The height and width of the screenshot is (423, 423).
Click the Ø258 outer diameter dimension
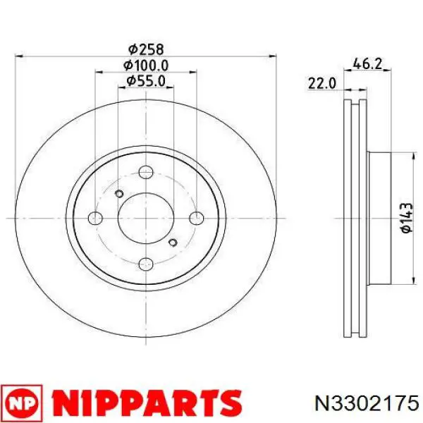coord(146,49)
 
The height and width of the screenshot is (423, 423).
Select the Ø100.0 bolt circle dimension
coord(146,66)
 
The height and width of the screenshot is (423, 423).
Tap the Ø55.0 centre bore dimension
coord(146,81)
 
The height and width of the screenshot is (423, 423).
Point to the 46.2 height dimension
coord(368,64)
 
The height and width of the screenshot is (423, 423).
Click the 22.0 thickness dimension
coord(322,83)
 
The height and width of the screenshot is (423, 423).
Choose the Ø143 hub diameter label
coord(407,218)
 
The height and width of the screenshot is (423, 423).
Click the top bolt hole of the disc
coord(146,172)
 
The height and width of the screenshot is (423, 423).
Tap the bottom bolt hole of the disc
coord(146,264)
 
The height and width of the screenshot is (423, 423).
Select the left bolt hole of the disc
coord(95,218)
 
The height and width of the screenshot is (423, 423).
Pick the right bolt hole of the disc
coord(197,218)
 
